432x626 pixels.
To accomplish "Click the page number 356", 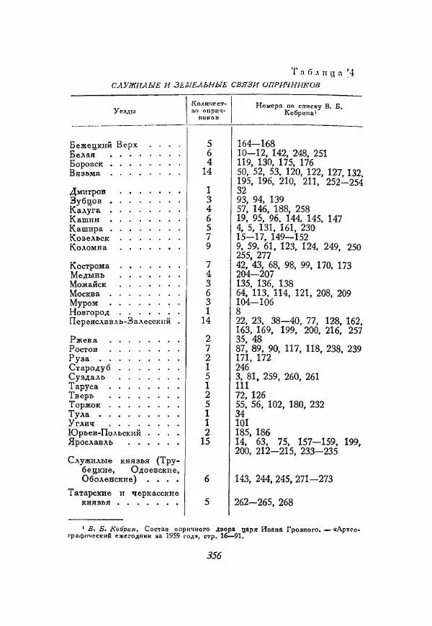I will tap(213, 554).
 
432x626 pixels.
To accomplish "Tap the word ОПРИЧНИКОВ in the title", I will tap(284, 85).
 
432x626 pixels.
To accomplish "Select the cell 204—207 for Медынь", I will tap(256, 276).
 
